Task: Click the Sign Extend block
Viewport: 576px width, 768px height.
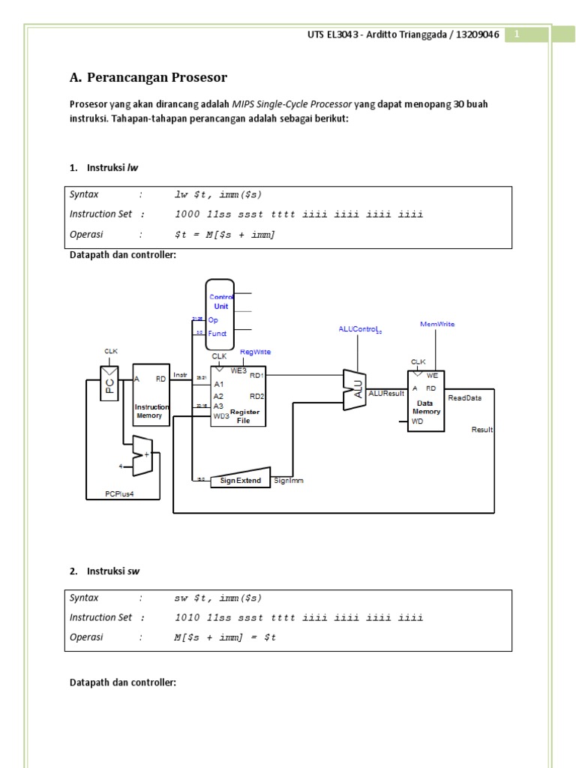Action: pyautogui.click(x=240, y=479)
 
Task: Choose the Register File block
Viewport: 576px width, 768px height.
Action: pyautogui.click(x=238, y=397)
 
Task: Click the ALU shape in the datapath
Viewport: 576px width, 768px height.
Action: pyautogui.click(x=354, y=389)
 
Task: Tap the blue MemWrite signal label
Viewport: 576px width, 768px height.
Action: pyautogui.click(x=437, y=324)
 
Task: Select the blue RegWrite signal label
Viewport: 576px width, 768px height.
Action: pyautogui.click(x=255, y=352)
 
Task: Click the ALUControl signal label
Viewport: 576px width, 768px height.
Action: pyautogui.click(x=360, y=329)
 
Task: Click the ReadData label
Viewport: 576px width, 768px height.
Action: pyautogui.click(x=464, y=398)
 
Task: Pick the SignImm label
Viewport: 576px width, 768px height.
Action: pyautogui.click(x=289, y=480)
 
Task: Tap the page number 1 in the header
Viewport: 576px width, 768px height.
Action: pyautogui.click(x=517, y=34)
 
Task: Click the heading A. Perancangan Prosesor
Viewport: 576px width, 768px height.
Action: pyautogui.click(x=148, y=77)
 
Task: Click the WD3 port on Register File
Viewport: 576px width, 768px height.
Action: pyautogui.click(x=221, y=415)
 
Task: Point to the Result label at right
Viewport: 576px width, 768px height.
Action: pyautogui.click(x=482, y=430)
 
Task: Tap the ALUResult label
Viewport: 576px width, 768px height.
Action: pyautogui.click(x=387, y=393)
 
